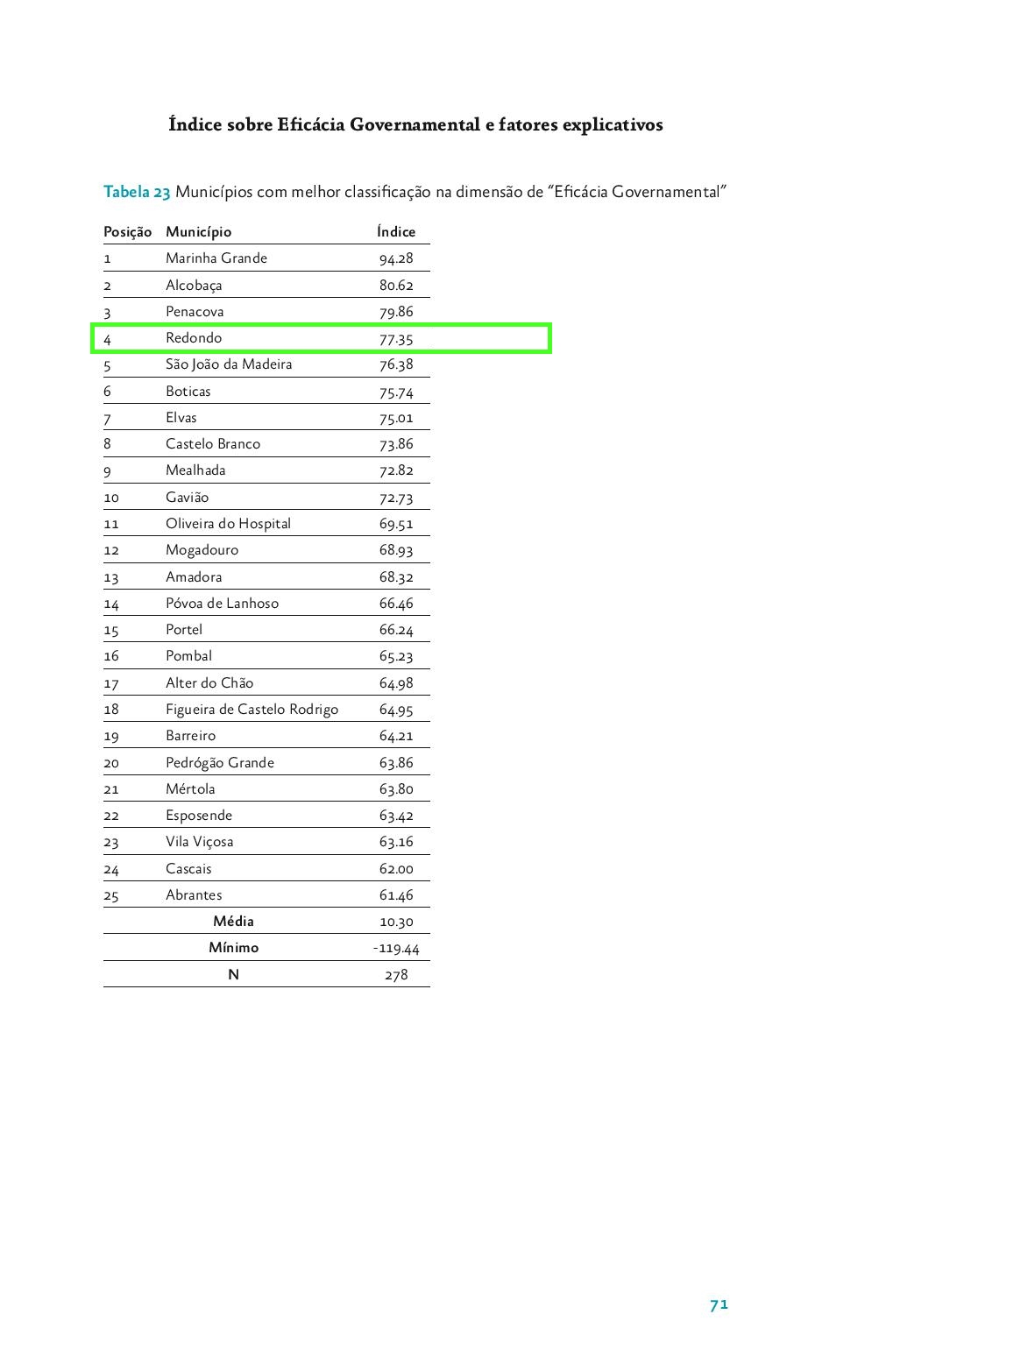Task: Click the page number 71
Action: click(x=719, y=1304)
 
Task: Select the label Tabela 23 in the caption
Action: click(x=137, y=192)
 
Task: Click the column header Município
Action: click(x=198, y=231)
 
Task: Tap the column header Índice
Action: click(x=396, y=231)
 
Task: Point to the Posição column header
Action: click(x=127, y=231)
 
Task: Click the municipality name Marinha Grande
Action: click(x=216, y=258)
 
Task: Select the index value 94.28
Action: click(x=396, y=258)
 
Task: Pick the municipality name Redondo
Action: click(x=194, y=338)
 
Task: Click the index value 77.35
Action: click(x=396, y=339)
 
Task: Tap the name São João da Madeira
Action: click(x=229, y=364)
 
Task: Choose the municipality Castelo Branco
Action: click(x=213, y=444)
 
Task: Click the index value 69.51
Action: click(x=396, y=524)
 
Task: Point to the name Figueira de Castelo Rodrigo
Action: click(x=252, y=710)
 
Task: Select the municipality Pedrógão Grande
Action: click(x=220, y=763)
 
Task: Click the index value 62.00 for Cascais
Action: click(x=396, y=869)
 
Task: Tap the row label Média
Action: click(x=233, y=922)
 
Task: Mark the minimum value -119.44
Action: click(x=396, y=949)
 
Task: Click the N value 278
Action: click(x=396, y=975)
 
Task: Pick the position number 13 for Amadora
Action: click(x=111, y=577)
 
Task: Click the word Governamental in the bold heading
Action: click(x=415, y=124)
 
